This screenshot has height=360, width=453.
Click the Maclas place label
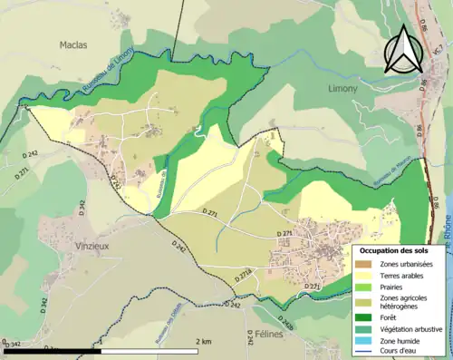coord(72,44)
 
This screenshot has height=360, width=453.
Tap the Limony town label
coord(344,88)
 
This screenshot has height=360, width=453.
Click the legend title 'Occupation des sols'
coord(395,249)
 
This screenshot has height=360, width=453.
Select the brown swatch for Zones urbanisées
coord(367,263)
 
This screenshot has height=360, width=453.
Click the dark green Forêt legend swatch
coord(367,316)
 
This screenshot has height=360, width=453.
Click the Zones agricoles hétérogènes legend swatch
coord(367,302)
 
